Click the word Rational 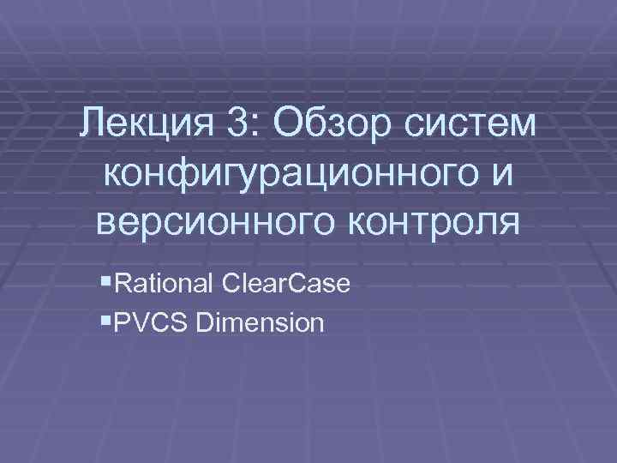point(162,283)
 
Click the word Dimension point(260,323)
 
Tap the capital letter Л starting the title point(93,127)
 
